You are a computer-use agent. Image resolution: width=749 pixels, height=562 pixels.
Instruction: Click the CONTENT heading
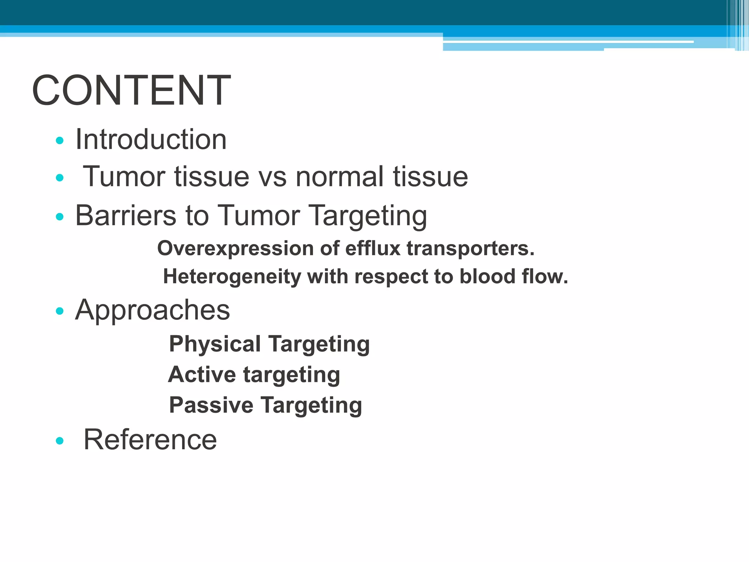coord(131,90)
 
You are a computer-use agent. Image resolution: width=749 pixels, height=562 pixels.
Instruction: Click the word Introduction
coord(151,140)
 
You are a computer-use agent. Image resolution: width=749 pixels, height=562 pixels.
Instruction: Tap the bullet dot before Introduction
coord(60,140)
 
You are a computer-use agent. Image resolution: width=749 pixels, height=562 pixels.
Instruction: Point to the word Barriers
coord(126,216)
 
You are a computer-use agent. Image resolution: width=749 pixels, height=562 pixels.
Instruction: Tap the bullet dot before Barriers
coord(60,217)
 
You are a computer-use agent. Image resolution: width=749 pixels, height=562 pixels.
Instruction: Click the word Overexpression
coord(235,249)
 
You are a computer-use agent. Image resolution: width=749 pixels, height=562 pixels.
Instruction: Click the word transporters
coord(470,249)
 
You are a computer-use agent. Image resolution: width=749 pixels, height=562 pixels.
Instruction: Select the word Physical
coord(215,344)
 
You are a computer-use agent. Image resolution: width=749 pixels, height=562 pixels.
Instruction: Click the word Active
coord(202,375)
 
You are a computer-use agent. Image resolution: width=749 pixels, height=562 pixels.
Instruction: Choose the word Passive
coord(211,405)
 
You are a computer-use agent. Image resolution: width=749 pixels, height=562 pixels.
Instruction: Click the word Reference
coord(150,440)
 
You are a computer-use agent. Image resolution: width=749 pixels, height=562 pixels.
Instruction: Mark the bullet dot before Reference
coord(60,441)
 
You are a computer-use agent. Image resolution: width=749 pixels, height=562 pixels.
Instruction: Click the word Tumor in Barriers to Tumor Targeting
coord(259,216)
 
